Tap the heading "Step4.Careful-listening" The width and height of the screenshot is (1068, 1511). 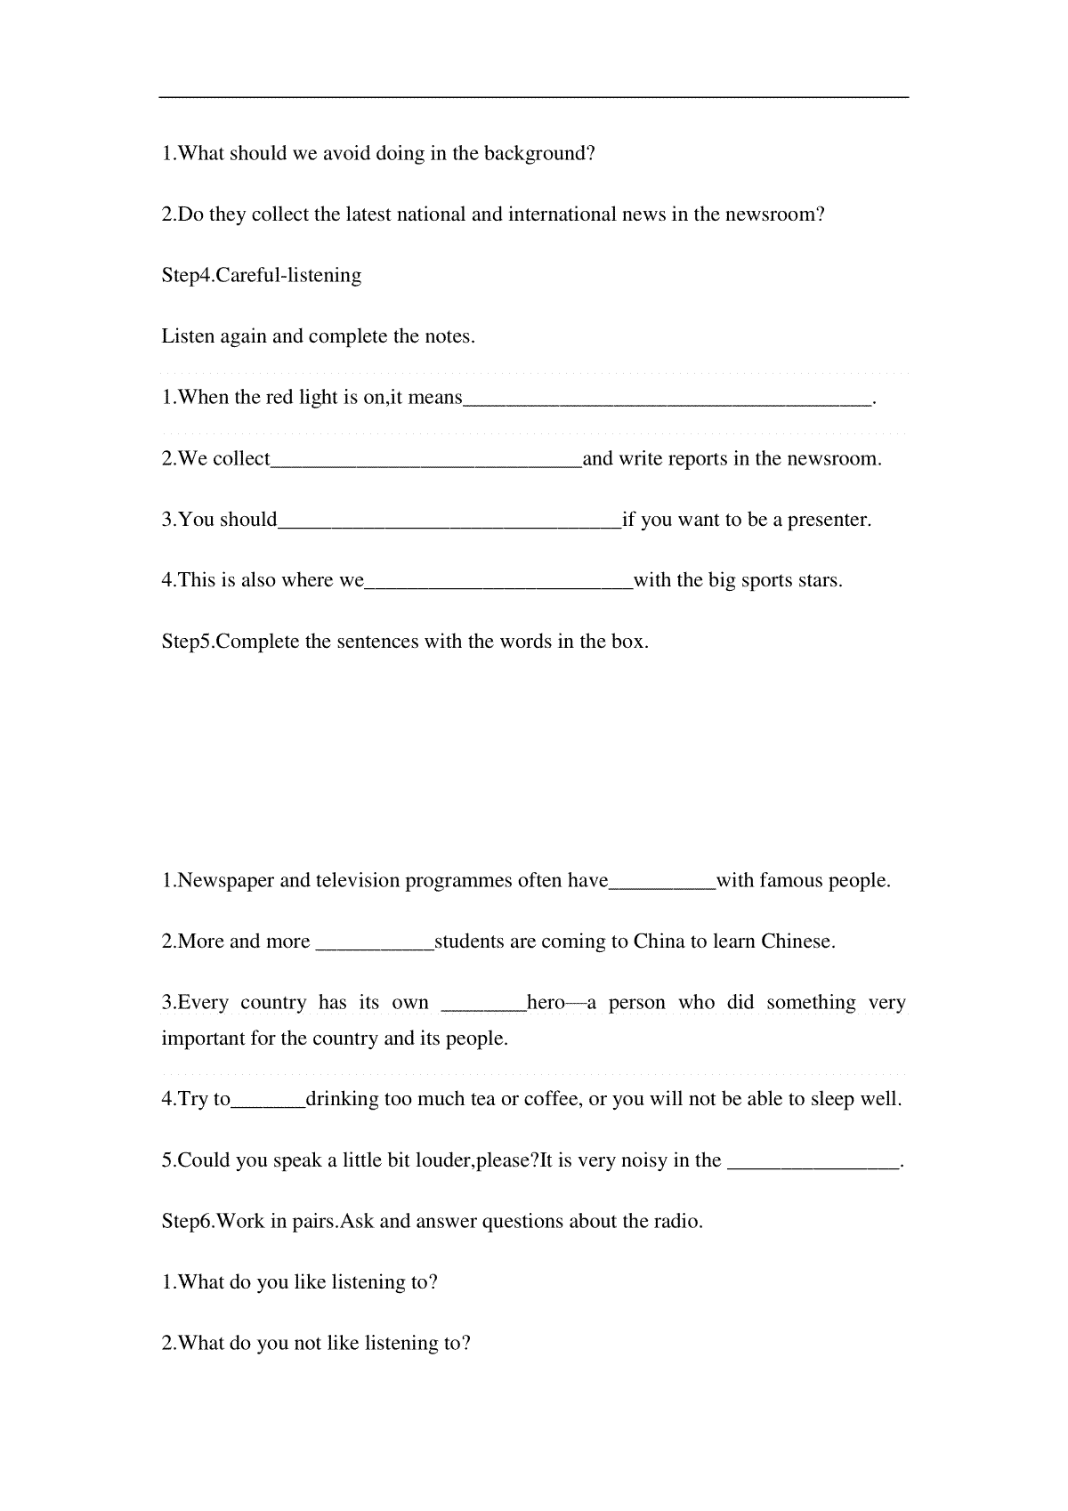262,275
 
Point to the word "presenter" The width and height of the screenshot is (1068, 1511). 830,520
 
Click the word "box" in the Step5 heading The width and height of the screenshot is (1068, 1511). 627,642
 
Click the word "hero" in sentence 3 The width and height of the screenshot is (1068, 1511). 546,1003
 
